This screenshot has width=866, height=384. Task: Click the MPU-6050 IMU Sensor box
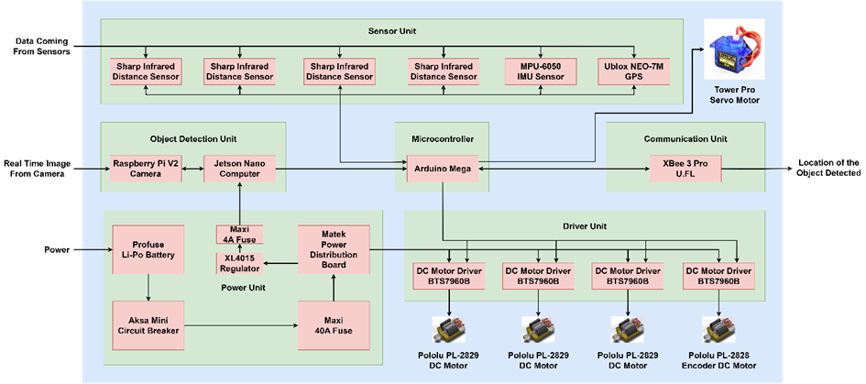tap(540, 71)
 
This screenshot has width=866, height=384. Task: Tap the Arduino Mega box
tap(441, 169)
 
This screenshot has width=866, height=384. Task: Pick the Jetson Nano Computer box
tap(239, 169)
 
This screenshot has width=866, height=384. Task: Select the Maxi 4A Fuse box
tap(239, 235)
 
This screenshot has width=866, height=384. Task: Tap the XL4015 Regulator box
tap(239, 262)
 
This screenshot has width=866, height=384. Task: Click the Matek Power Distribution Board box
tap(334, 248)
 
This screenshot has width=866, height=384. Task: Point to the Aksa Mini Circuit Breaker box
tap(148, 325)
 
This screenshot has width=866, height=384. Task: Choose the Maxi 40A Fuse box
tap(334, 325)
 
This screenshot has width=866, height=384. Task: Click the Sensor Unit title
tap(391, 31)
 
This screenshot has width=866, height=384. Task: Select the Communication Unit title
tap(685, 138)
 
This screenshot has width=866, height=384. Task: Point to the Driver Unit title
tap(584, 225)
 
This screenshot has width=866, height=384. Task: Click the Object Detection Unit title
tap(193, 138)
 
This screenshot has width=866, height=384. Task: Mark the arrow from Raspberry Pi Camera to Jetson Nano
tap(193, 169)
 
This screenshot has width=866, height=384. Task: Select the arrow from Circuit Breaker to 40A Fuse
tap(241, 325)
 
